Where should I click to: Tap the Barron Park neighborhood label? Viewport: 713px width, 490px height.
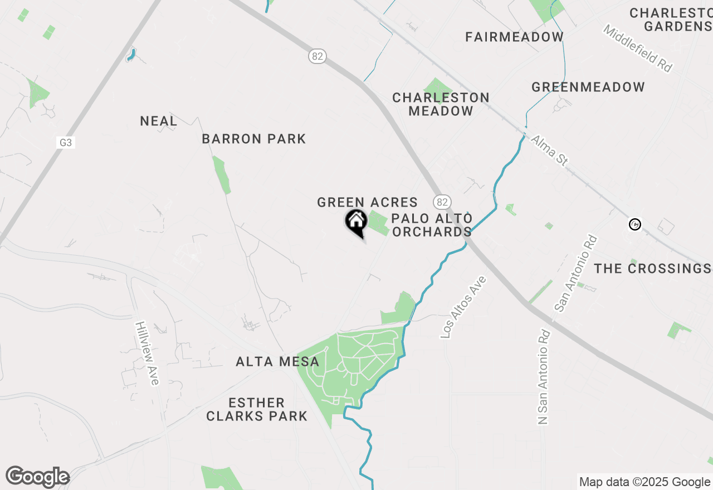(x=254, y=139)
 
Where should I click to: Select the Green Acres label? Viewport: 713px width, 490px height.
(x=367, y=202)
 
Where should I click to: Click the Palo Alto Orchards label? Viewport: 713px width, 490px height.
(x=432, y=225)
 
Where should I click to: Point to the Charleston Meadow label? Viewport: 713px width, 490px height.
(x=441, y=104)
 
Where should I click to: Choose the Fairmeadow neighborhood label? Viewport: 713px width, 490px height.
(x=515, y=37)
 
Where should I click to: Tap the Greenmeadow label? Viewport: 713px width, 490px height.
(x=588, y=87)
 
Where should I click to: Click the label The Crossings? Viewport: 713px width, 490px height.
(x=652, y=268)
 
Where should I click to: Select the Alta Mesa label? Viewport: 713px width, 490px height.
(x=277, y=362)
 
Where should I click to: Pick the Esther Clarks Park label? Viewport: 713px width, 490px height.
(x=257, y=409)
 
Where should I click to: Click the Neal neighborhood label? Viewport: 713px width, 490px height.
(x=159, y=121)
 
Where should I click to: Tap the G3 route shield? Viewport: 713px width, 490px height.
(x=66, y=143)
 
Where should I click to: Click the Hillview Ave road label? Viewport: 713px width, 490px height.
(x=148, y=353)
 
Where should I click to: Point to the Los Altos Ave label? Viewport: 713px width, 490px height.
(x=463, y=307)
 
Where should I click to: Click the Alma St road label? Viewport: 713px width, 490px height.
(x=549, y=150)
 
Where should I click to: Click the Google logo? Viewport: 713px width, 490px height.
(x=37, y=477)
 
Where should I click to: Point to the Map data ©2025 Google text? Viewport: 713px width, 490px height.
(x=644, y=482)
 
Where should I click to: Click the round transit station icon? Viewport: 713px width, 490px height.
(x=635, y=224)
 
